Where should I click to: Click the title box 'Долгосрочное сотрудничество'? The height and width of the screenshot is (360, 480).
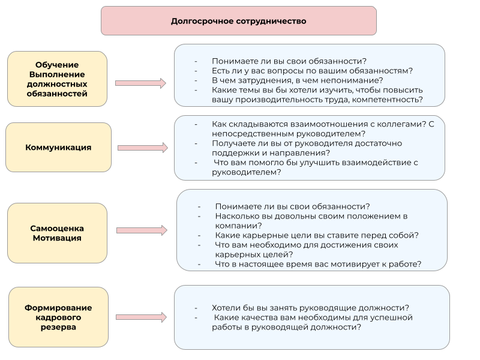[238, 21]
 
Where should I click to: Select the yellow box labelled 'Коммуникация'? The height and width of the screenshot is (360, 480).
[59, 147]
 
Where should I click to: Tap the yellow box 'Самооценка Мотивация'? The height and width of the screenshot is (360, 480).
[57, 233]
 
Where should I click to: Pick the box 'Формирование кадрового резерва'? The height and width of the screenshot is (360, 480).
[58, 317]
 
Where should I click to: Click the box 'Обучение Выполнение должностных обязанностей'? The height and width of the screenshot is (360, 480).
[58, 79]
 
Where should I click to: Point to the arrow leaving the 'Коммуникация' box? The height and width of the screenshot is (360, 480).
[142, 147]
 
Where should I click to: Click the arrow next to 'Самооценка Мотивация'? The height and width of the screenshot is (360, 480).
[142, 230]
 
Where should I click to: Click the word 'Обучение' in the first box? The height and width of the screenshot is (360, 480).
[58, 65]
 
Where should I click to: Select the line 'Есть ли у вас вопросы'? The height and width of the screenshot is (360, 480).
[312, 71]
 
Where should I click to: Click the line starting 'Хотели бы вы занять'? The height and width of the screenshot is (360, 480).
[311, 307]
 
